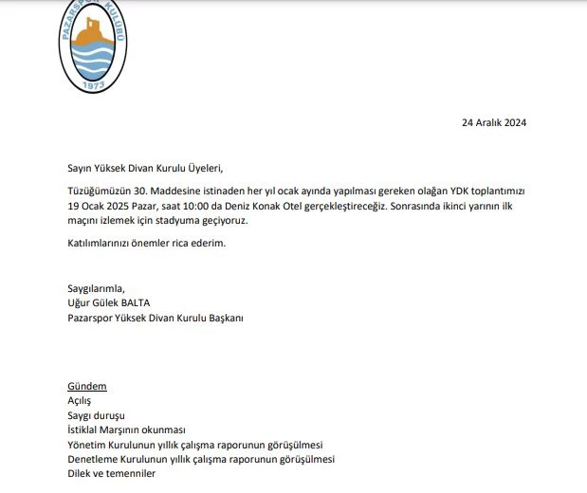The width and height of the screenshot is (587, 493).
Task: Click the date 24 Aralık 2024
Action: [493, 122]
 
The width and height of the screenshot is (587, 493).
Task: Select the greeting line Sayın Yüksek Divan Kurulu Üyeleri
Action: [145, 168]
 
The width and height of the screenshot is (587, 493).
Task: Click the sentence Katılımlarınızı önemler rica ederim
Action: [147, 243]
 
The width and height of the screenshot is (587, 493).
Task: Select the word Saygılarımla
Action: [96, 288]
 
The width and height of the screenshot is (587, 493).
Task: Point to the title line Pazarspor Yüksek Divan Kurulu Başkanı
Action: [156, 319]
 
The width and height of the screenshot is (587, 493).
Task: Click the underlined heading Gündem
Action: [86, 387]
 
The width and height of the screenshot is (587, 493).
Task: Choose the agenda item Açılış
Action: [80, 401]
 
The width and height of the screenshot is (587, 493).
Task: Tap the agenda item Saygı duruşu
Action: [96, 415]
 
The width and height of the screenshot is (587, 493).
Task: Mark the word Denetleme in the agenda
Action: [93, 459]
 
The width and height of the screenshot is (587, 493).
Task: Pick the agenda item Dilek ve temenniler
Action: [111, 473]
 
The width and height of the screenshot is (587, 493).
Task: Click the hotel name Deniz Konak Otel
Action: [282, 206]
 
